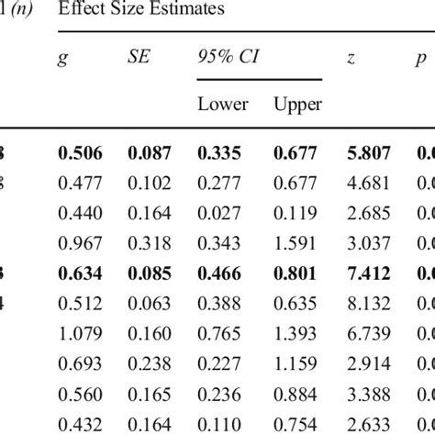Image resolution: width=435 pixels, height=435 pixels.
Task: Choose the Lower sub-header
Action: point(223,104)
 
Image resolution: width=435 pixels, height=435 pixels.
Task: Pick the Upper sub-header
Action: point(297,104)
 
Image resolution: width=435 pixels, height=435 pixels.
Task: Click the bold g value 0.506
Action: point(80,153)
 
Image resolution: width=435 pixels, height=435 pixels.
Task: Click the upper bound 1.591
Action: point(297,242)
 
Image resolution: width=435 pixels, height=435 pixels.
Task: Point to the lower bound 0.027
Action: point(223,213)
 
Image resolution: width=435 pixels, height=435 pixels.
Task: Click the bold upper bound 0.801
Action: point(297,273)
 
